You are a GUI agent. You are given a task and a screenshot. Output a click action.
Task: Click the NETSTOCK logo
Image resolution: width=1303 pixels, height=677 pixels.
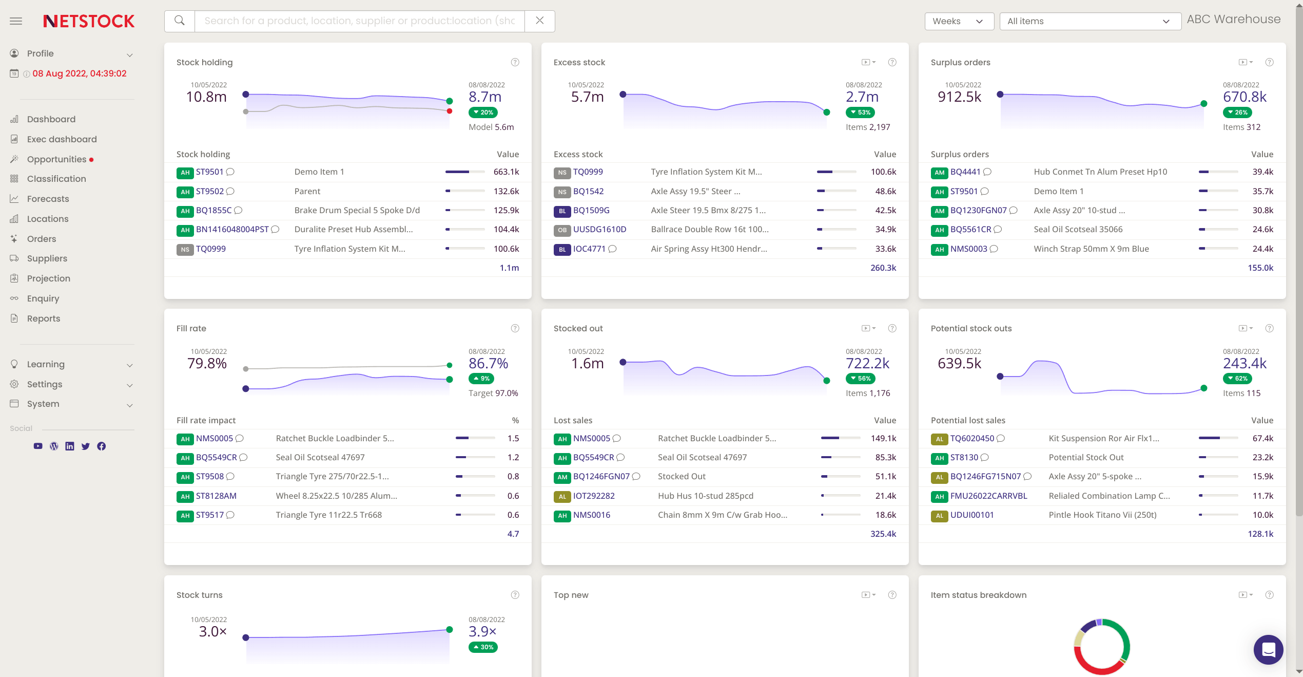pyautogui.click(x=89, y=21)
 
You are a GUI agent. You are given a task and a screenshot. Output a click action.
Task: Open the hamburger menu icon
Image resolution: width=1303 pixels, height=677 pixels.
pyautogui.click(x=16, y=21)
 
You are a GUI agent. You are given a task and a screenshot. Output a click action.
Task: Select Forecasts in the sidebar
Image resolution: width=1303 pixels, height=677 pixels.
pyautogui.click(x=48, y=199)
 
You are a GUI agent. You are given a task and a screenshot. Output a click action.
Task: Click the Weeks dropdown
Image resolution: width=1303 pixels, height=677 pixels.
pyautogui.click(x=958, y=21)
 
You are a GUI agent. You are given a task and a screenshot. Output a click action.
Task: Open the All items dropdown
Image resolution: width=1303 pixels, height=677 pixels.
pyautogui.click(x=1090, y=21)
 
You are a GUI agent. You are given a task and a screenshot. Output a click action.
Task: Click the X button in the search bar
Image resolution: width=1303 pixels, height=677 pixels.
pyautogui.click(x=539, y=21)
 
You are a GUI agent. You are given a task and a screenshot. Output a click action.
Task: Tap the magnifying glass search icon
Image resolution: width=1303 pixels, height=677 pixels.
pyautogui.click(x=180, y=21)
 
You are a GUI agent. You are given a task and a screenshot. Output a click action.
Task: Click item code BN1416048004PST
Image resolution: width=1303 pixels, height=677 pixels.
pyautogui.click(x=232, y=230)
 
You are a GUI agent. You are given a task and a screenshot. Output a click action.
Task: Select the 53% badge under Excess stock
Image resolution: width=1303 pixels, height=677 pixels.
pyautogui.click(x=860, y=112)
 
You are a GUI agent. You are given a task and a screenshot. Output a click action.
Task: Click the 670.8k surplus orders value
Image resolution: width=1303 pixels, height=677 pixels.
pyautogui.click(x=1244, y=97)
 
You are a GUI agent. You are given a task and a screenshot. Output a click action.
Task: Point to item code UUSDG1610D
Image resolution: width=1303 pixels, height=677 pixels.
pyautogui.click(x=599, y=230)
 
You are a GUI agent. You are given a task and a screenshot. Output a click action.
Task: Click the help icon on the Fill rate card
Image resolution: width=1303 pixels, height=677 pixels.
pyautogui.click(x=515, y=328)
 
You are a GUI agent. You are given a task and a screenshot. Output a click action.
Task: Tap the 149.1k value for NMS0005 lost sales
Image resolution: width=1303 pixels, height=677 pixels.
pyautogui.click(x=883, y=438)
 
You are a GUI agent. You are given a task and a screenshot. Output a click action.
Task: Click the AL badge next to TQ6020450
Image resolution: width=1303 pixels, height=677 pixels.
pyautogui.click(x=939, y=439)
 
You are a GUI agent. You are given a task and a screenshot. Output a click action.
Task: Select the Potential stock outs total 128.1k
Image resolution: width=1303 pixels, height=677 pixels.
pyautogui.click(x=1260, y=534)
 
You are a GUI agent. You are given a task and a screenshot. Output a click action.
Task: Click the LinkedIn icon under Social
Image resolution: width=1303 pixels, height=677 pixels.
pyautogui.click(x=70, y=446)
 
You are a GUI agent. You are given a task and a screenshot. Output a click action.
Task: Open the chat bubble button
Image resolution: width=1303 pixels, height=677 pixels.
pyautogui.click(x=1268, y=649)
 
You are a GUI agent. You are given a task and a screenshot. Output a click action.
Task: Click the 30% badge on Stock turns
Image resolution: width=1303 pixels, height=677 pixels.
pyautogui.click(x=482, y=647)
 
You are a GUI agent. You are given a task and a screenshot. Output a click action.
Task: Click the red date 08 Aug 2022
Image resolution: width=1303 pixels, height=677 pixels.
pyautogui.click(x=79, y=73)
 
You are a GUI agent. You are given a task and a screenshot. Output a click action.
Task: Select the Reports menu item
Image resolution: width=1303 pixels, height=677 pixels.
pyautogui.click(x=44, y=318)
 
